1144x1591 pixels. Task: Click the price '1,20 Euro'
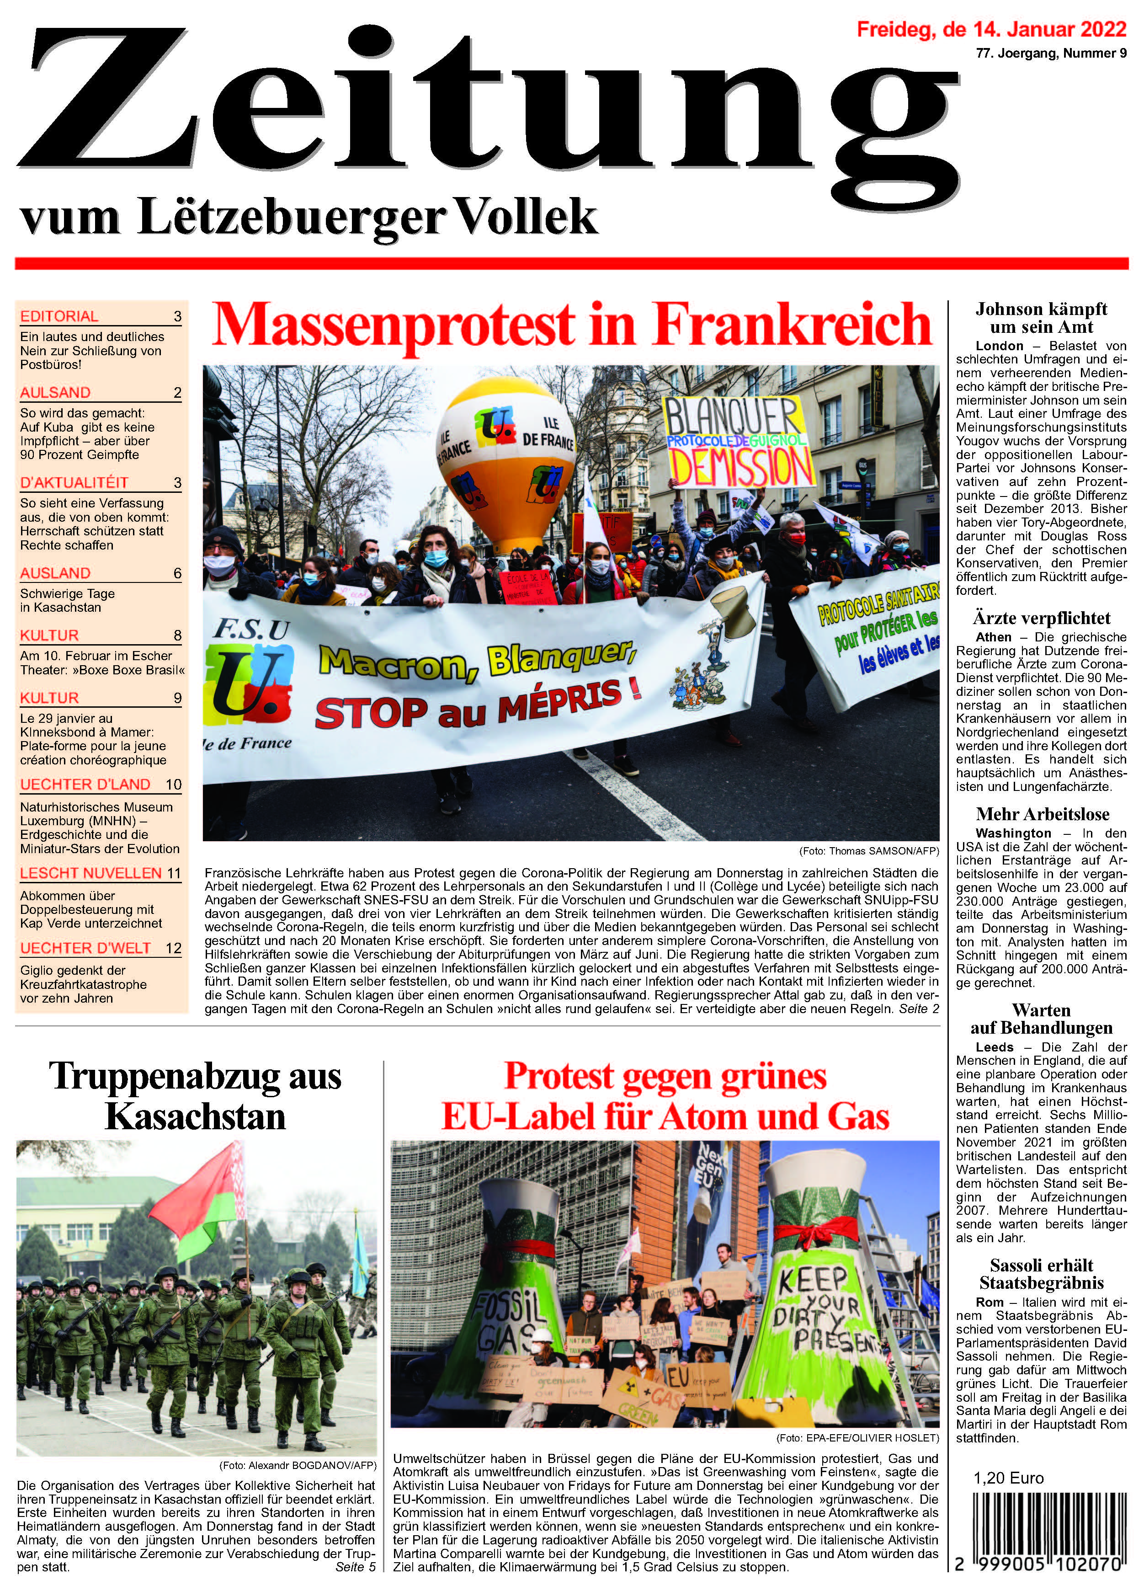[1009, 1478]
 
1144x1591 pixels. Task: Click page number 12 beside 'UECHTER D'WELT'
[173, 948]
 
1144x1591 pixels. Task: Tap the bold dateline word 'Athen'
[993, 637]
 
